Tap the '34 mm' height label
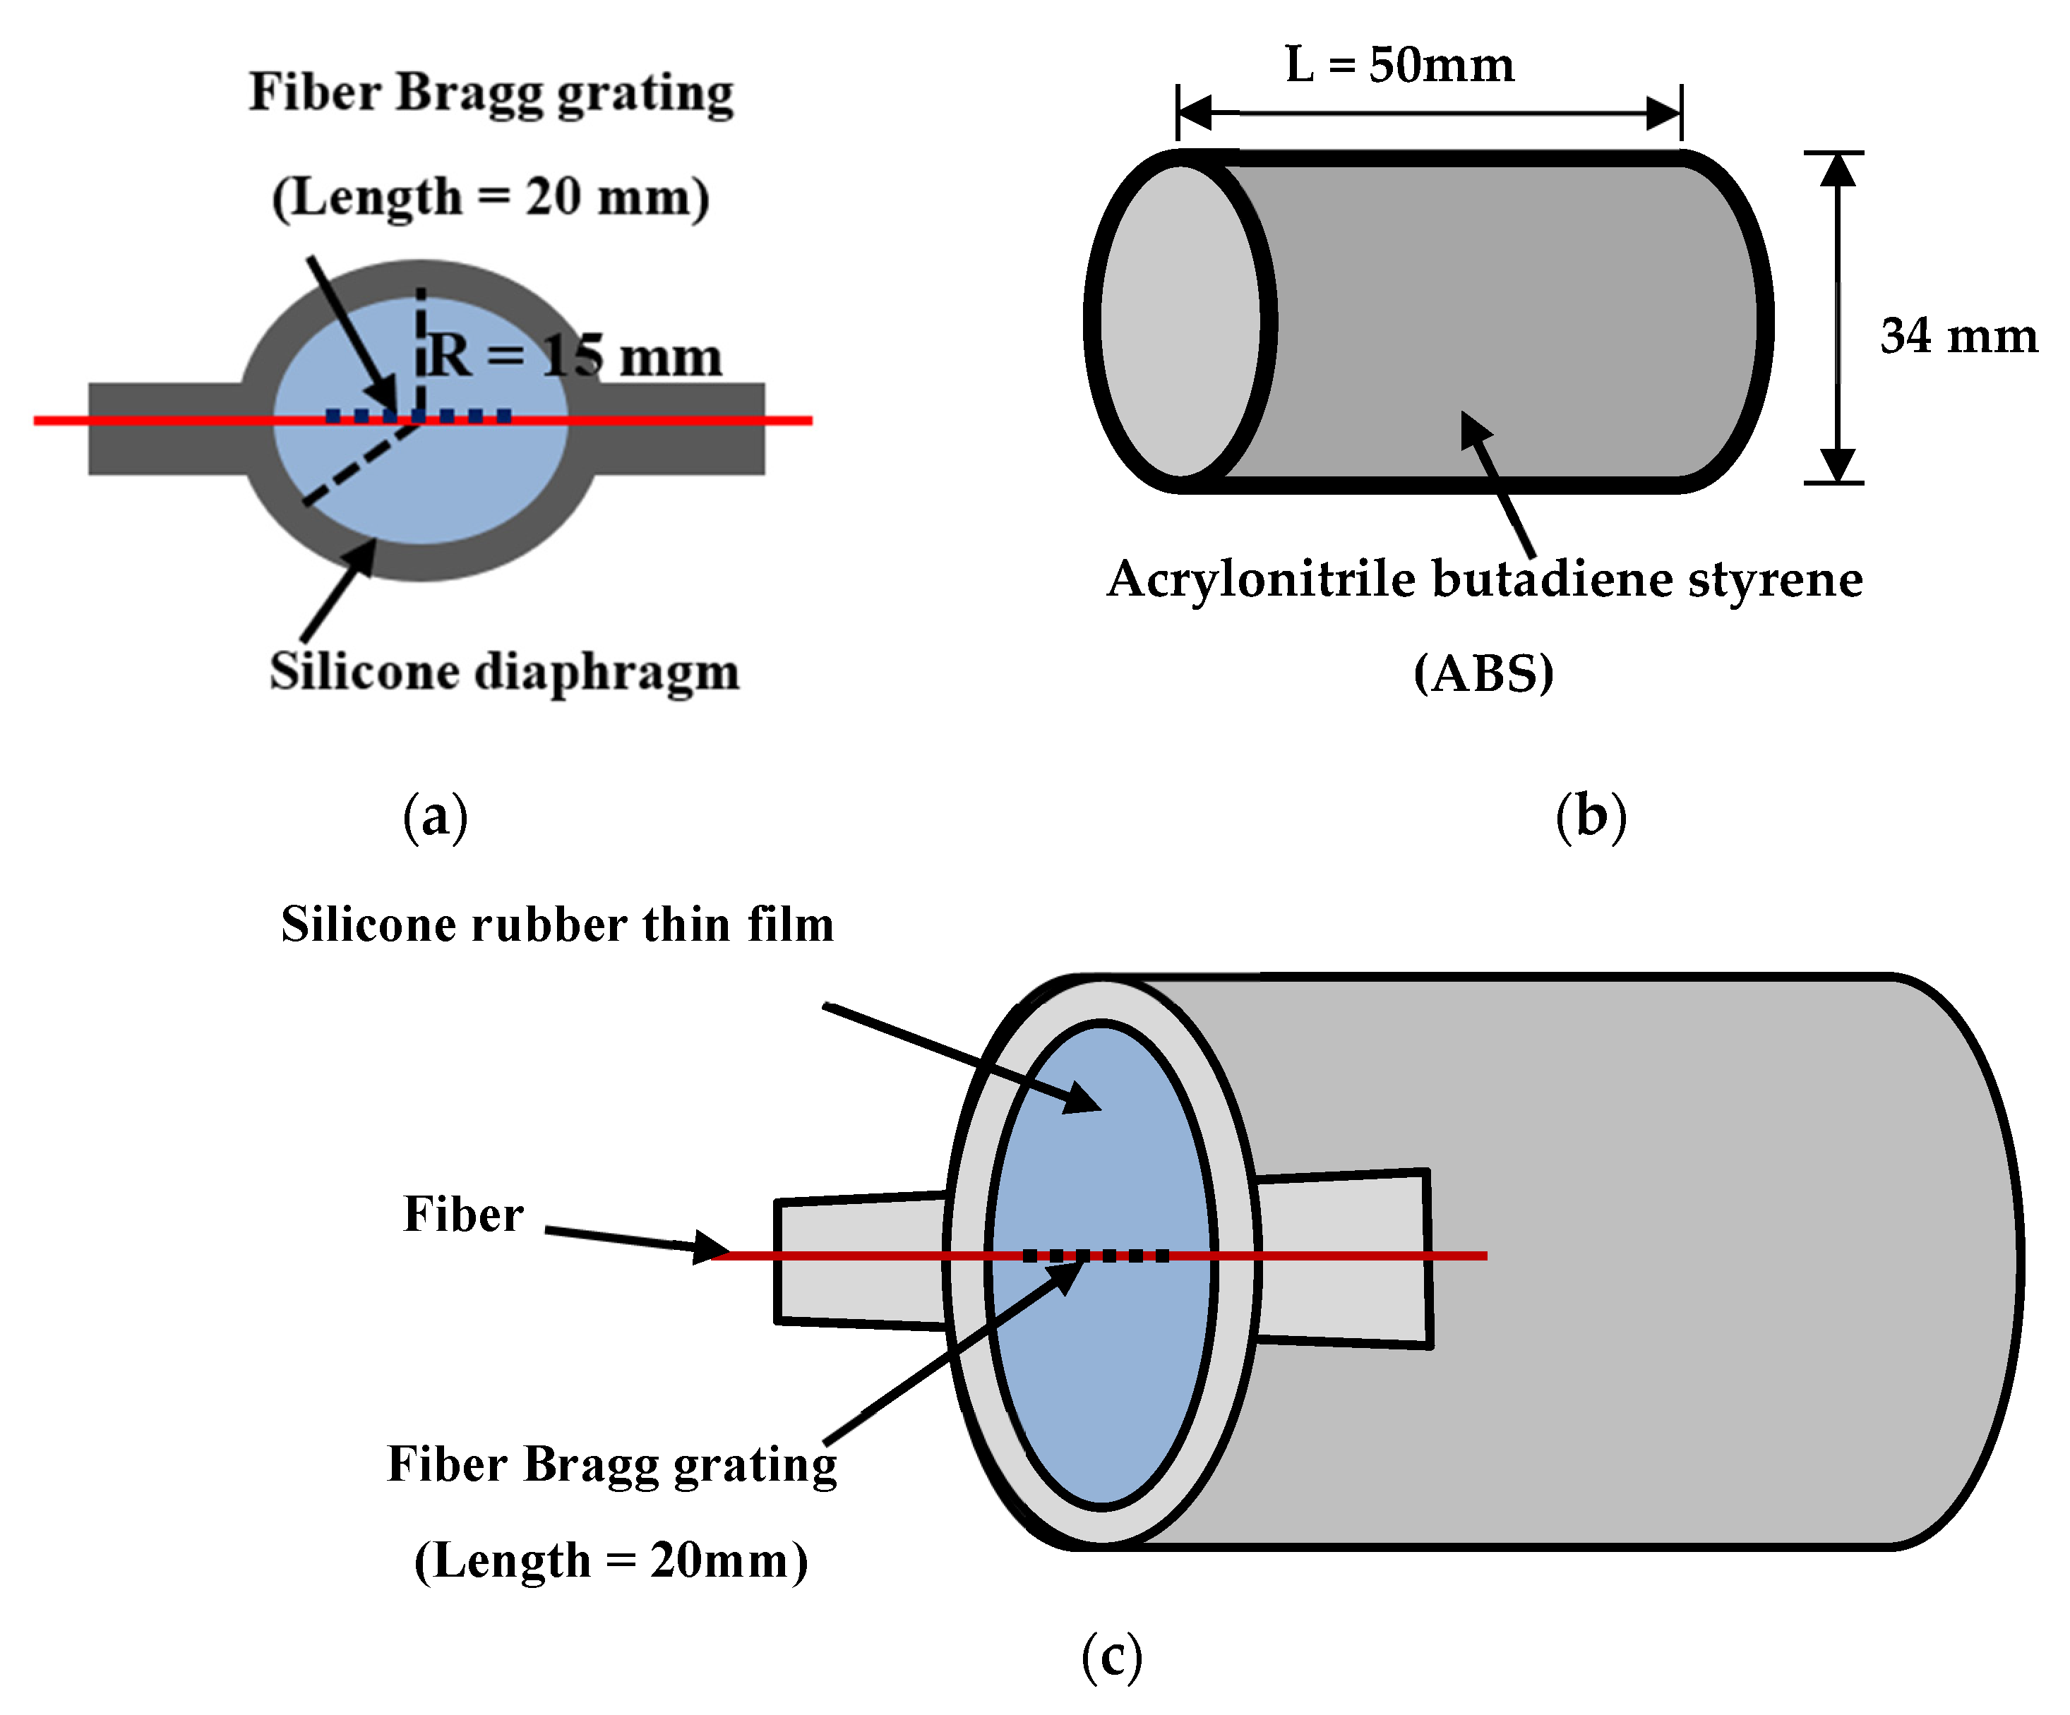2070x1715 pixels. (1958, 336)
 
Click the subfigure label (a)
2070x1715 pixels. (435, 817)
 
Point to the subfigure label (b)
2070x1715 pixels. (1590, 817)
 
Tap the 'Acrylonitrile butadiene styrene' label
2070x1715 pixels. (1483, 579)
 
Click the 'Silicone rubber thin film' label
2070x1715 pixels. (557, 925)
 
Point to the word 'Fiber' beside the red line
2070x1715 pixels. (463, 1215)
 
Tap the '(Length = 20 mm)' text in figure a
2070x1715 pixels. (490, 196)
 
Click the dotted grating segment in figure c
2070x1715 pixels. (1095, 1256)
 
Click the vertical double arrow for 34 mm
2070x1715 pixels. (1836, 318)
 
